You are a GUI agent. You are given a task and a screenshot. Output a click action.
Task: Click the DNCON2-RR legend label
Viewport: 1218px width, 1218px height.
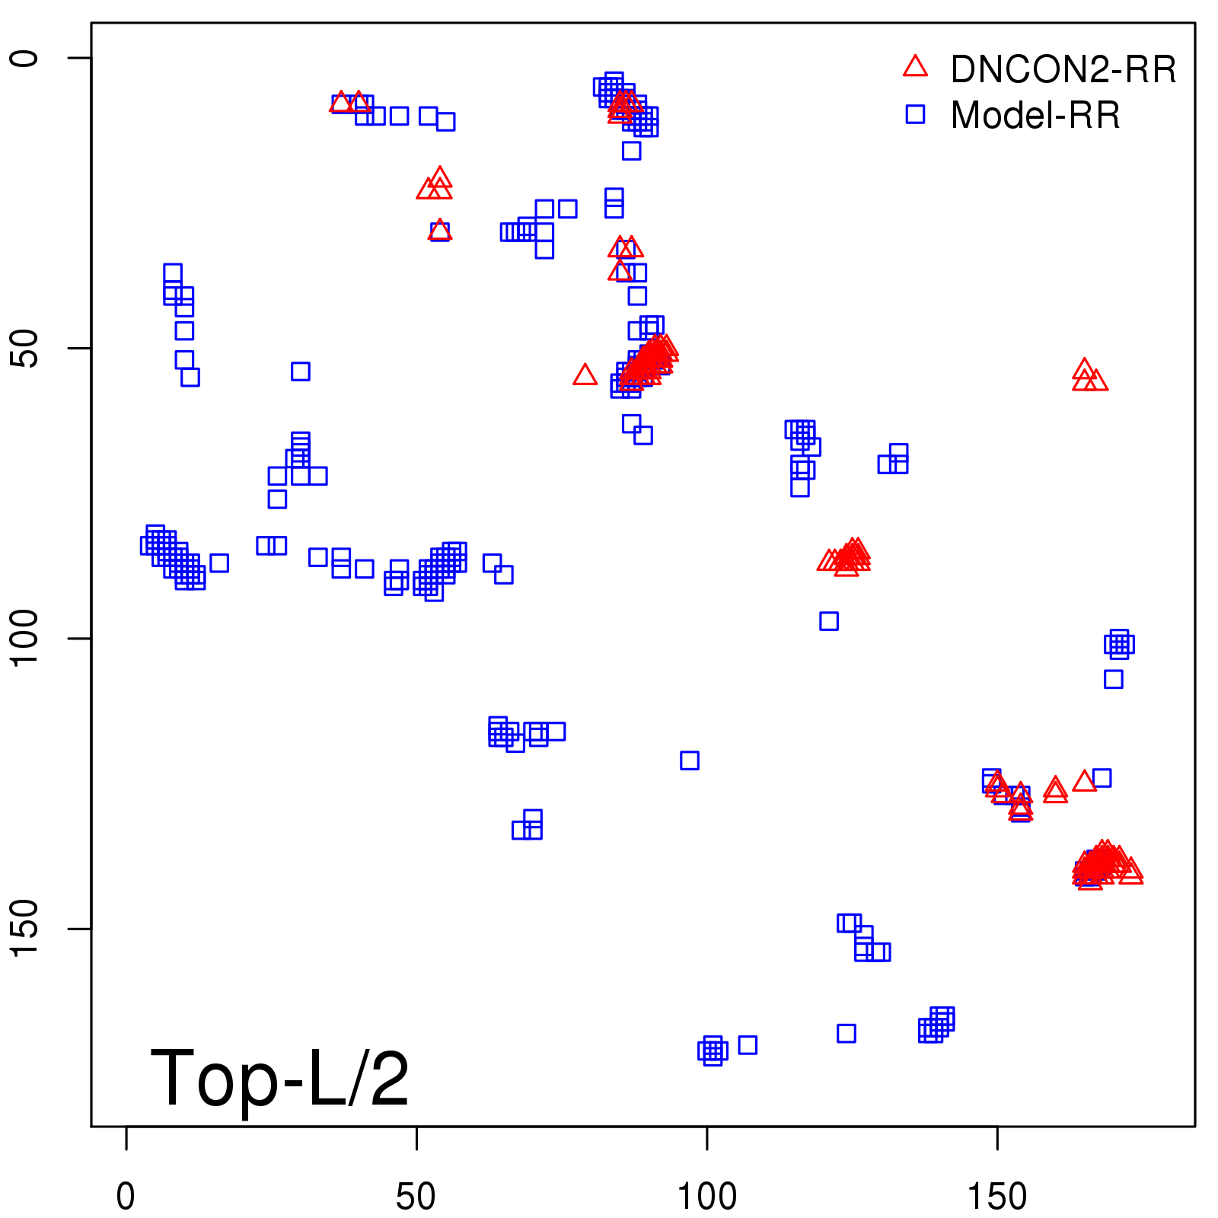(1063, 70)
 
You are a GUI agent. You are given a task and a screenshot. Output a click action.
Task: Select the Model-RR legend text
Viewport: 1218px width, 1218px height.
(1035, 116)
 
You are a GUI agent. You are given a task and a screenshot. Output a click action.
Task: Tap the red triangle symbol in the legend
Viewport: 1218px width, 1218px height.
(915, 67)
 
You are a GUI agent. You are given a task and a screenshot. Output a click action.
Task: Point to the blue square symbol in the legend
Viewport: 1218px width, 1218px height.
(915, 114)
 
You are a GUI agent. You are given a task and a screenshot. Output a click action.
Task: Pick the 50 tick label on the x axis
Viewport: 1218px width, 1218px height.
(416, 1197)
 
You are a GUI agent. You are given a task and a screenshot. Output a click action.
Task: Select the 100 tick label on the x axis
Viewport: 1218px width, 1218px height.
(707, 1197)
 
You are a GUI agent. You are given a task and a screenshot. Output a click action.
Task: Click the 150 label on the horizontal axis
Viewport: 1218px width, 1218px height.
(997, 1197)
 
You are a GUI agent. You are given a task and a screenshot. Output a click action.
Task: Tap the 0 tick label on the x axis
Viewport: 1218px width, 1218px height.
(126, 1197)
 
